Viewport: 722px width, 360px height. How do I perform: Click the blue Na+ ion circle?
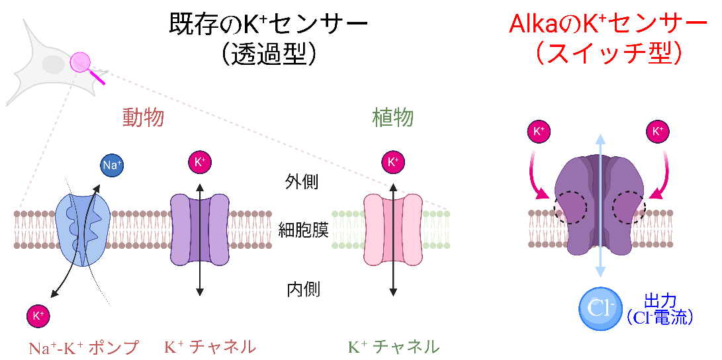[111, 165]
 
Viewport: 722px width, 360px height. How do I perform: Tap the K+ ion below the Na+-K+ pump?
[38, 316]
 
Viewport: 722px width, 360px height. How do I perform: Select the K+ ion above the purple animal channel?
[200, 162]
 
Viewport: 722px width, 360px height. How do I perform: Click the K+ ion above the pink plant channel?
[393, 162]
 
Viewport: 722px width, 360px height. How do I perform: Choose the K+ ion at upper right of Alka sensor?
[657, 132]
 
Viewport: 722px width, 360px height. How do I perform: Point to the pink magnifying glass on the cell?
[81, 63]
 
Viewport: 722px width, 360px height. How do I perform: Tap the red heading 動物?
[143, 118]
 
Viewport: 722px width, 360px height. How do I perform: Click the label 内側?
[303, 289]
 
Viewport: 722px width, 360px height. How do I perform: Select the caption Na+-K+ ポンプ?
[83, 347]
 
